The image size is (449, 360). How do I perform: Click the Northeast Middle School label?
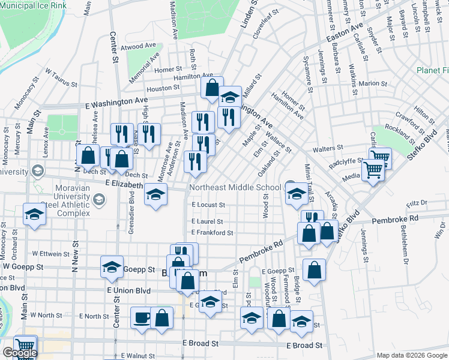235,187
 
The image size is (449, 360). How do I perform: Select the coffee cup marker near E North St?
142,317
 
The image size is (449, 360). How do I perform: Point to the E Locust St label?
208,205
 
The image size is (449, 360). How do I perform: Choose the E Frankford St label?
212,232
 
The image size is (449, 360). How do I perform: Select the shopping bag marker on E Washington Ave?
212,88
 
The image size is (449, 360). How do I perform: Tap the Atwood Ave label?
140,46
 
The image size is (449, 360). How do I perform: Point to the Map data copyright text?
412,355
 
